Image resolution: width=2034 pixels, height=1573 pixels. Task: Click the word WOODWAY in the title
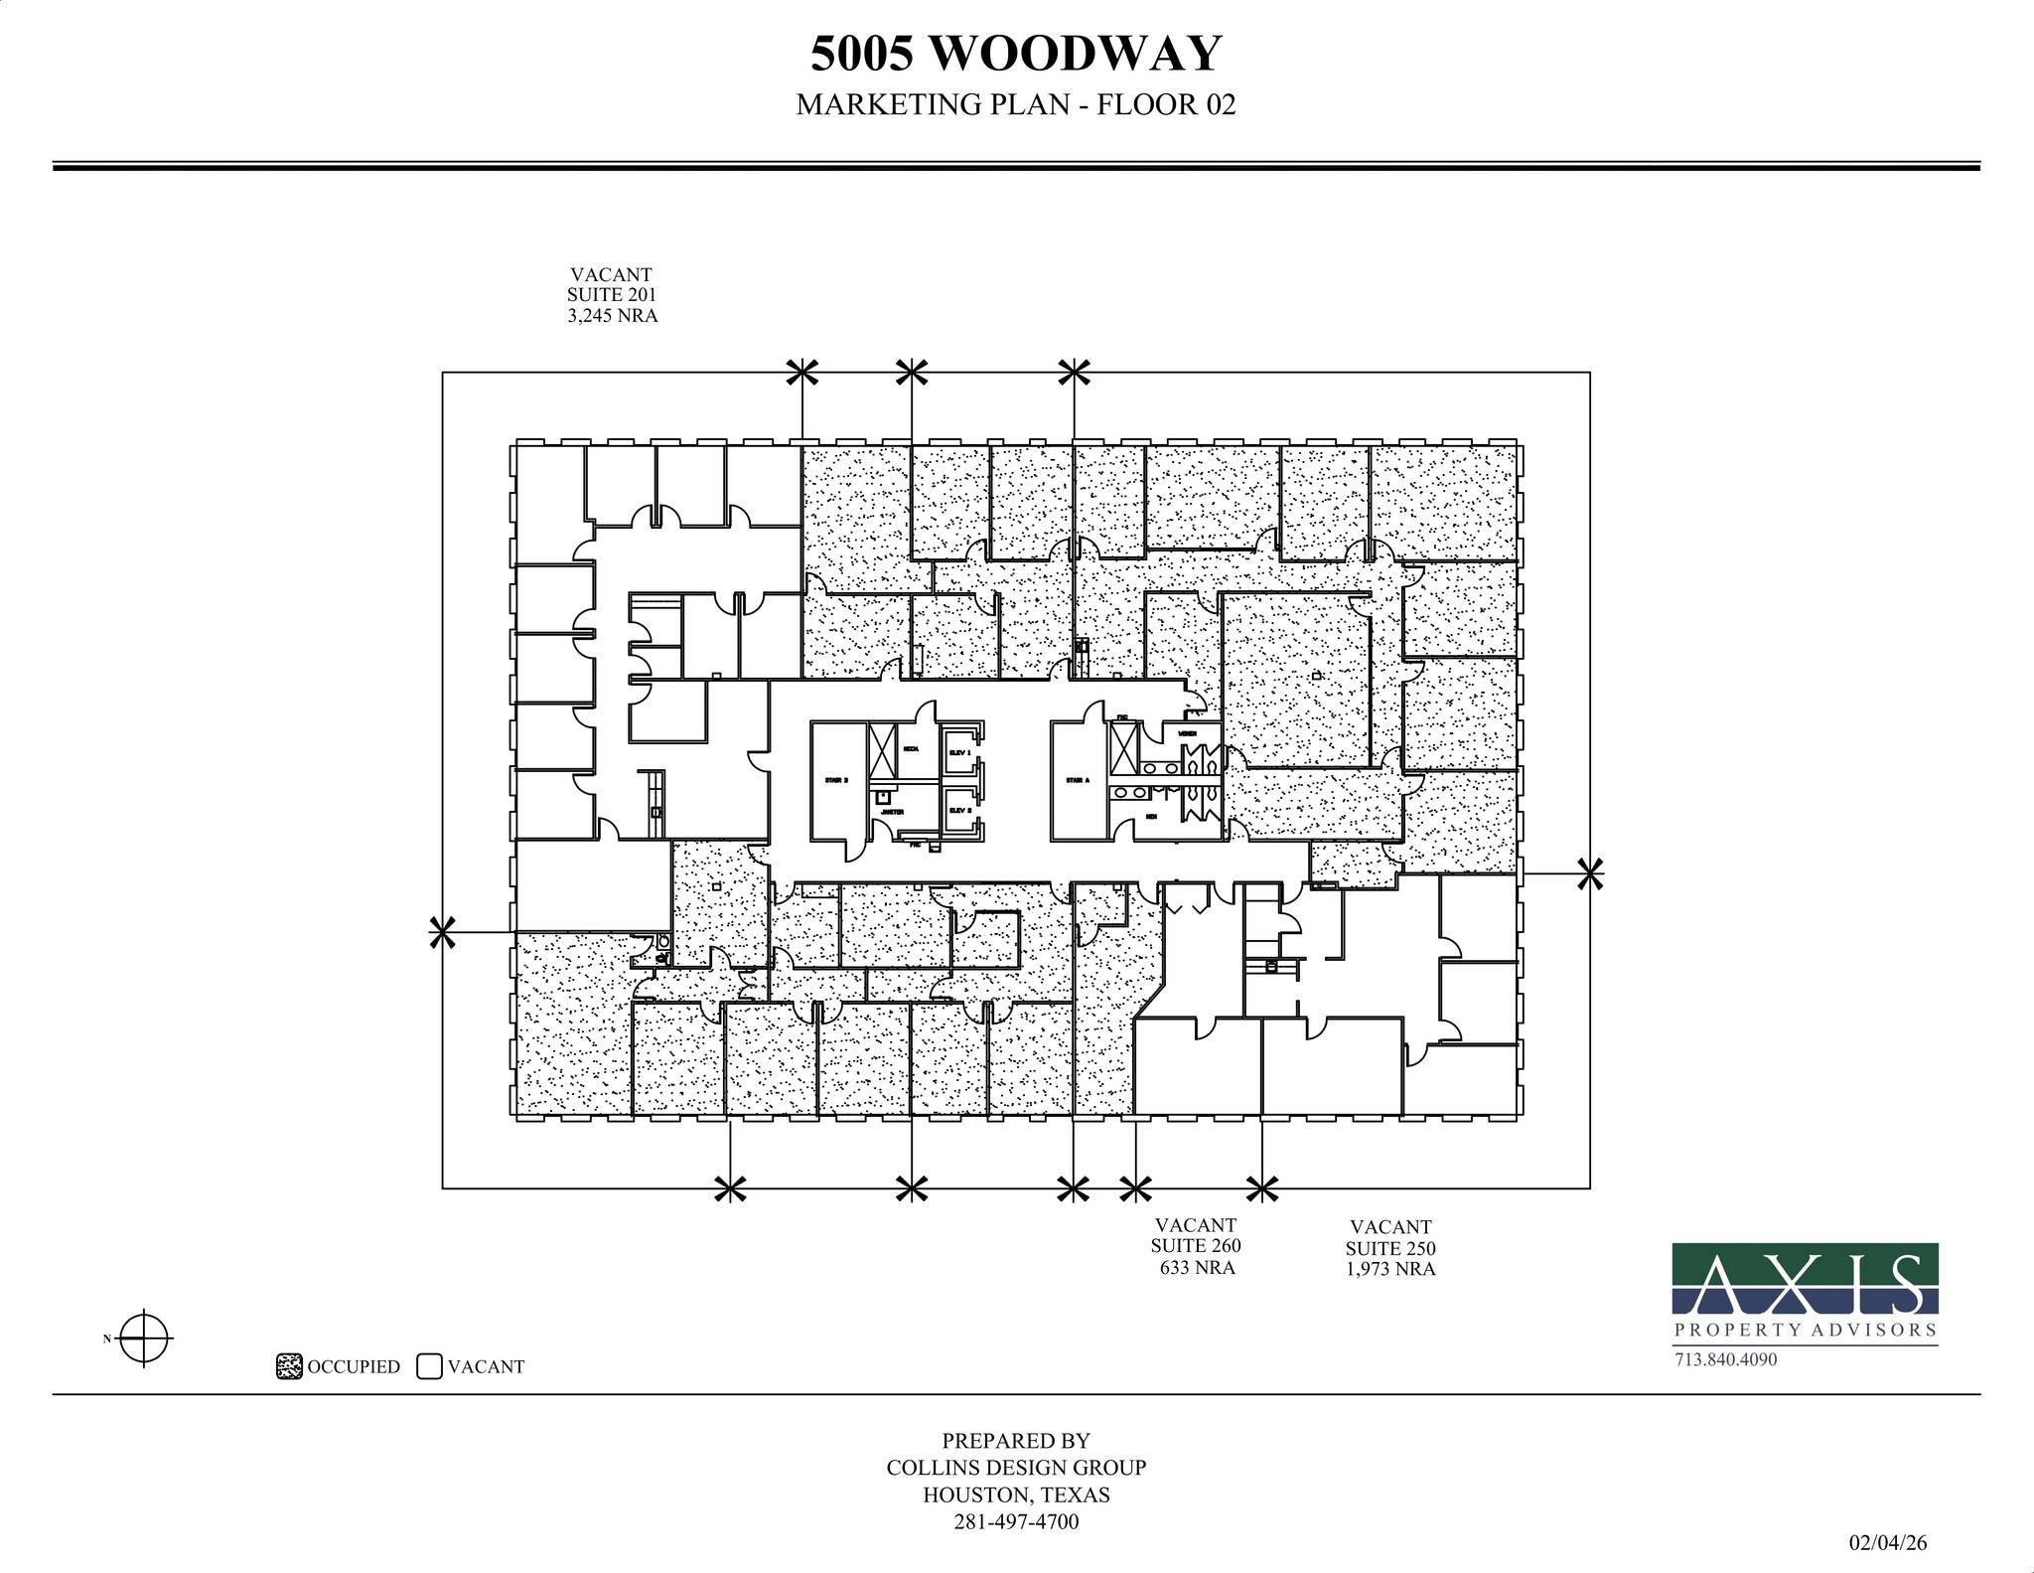[1076, 54]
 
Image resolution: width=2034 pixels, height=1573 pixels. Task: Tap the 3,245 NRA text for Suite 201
[612, 316]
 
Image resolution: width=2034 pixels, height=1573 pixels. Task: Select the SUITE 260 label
[1196, 1246]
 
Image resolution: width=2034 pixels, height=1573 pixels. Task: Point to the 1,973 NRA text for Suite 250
[1390, 1269]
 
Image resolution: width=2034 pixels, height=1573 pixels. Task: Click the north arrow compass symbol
[145, 1338]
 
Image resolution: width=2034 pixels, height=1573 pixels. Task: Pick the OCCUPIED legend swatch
[288, 1366]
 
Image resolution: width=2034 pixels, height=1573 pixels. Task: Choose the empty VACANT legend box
[429, 1366]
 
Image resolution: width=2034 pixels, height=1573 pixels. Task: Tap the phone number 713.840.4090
[1725, 1359]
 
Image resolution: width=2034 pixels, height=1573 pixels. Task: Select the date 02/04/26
[1887, 1542]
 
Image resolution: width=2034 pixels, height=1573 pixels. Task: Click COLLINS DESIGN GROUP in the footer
[1016, 1468]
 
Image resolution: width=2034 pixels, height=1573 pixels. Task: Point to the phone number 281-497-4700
[1016, 1521]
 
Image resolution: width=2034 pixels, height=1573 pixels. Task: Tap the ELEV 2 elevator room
[959, 811]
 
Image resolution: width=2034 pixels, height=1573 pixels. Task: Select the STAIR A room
[1079, 782]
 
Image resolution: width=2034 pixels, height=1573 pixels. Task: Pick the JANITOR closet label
[892, 812]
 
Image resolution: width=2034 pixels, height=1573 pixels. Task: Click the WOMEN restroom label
[1187, 734]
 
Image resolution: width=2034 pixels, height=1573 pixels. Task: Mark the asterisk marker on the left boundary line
[442, 932]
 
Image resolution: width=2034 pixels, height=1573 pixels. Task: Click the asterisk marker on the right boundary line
[1590, 874]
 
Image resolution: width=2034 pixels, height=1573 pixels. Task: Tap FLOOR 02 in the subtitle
[1166, 104]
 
